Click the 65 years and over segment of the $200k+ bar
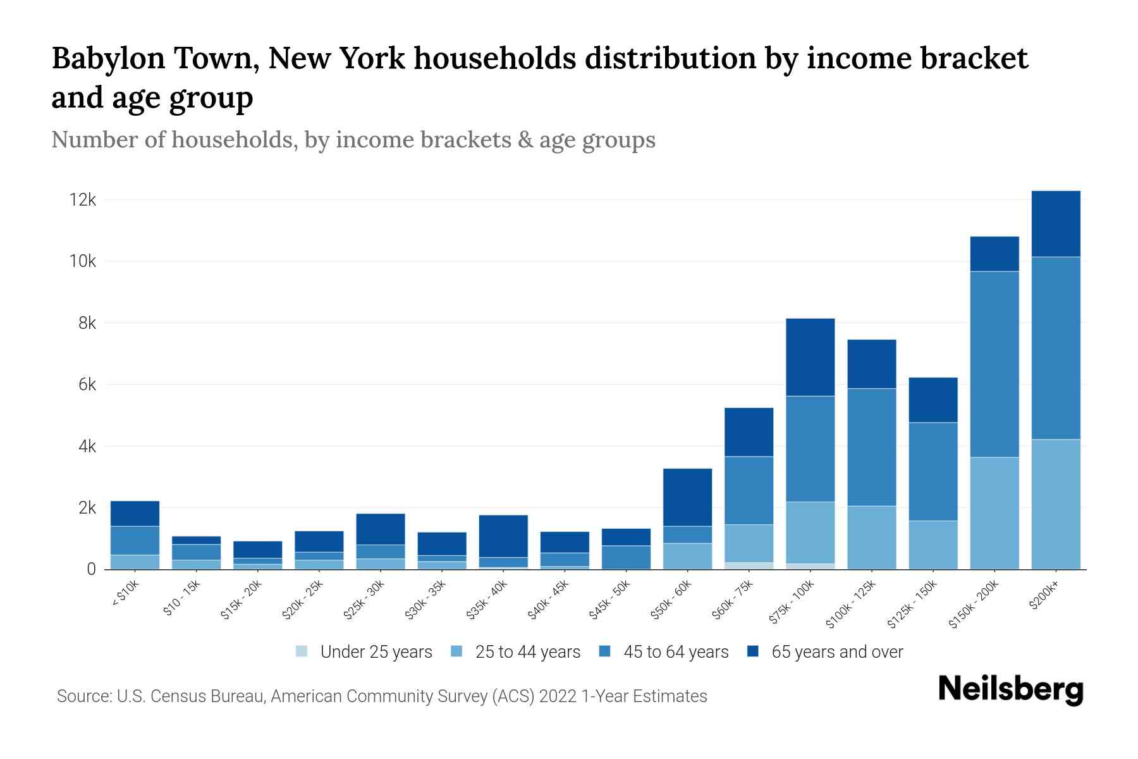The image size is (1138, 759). point(1056,223)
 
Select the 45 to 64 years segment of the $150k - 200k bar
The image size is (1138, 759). point(994,364)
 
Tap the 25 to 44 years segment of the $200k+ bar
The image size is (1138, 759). point(1056,504)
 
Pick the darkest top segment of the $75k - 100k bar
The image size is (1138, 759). point(810,357)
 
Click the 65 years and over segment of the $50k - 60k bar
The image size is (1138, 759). point(687,497)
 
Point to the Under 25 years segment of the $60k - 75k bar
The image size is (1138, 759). point(749,565)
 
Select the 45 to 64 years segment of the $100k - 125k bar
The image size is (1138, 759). point(871,447)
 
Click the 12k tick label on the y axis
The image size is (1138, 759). point(83,200)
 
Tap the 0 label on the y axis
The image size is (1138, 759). point(91,569)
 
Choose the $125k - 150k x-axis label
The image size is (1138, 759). point(911,605)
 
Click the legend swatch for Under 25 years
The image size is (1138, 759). point(302,651)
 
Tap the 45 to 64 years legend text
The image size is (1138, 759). point(676,651)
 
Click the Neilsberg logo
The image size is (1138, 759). point(1010,689)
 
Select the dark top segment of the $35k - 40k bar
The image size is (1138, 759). point(503,536)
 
